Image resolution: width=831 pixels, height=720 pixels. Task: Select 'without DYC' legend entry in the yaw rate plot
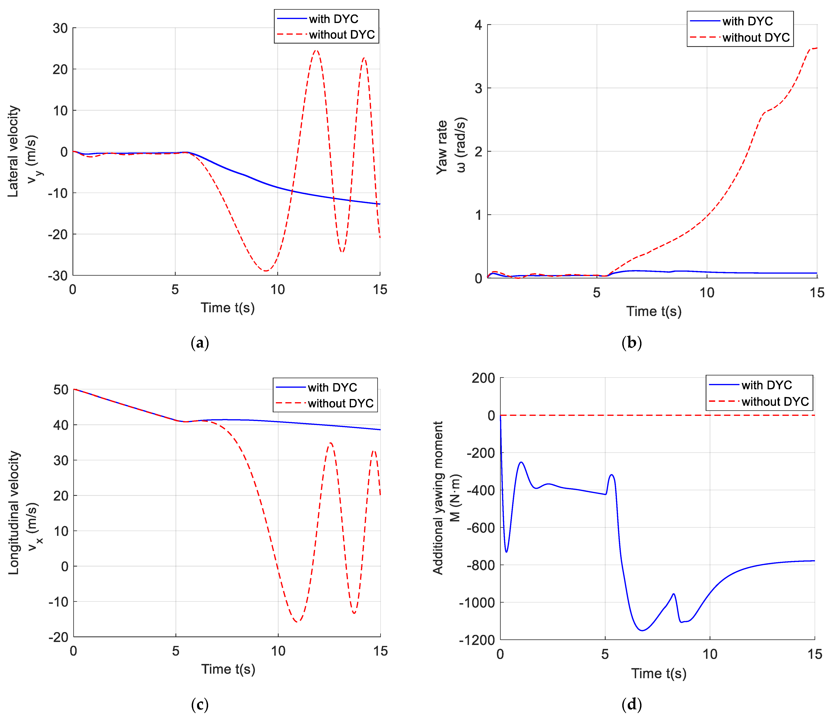pos(756,37)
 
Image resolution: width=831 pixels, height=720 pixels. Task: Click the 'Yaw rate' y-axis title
pos(442,147)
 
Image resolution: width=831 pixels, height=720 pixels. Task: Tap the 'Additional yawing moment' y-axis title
pos(438,498)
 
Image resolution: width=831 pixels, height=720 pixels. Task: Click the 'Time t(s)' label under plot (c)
pos(228,669)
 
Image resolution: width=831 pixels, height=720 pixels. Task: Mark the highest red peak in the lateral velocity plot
pos(316,51)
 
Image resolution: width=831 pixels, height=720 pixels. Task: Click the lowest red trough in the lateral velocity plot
pos(266,271)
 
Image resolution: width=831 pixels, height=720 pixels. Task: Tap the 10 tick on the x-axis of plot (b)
pos(707,292)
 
